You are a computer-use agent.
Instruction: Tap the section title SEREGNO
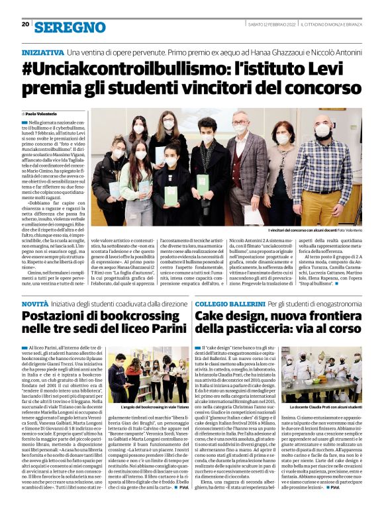(x=70, y=26)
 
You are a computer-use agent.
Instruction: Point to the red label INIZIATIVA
(x=42, y=52)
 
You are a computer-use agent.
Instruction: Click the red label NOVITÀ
(x=34, y=302)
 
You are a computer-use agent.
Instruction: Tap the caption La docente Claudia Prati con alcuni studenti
(x=325, y=407)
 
